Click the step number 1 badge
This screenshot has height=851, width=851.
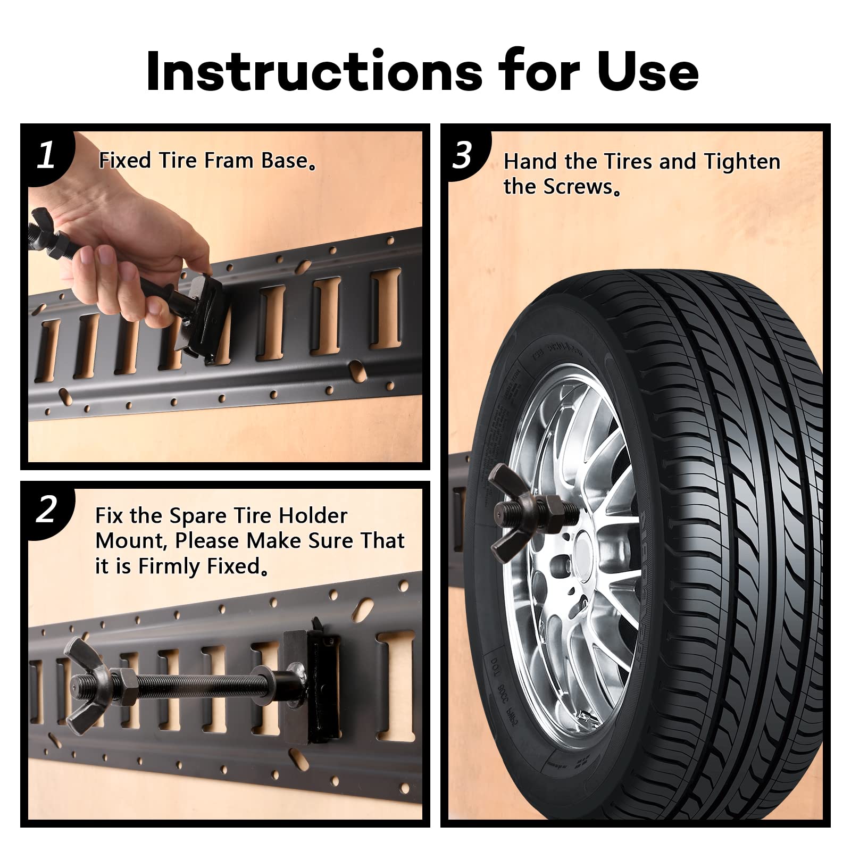[47, 155]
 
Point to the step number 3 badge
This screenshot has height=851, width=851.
[462, 155]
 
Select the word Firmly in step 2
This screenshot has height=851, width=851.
[170, 566]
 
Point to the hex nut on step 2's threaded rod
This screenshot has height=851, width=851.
[126, 686]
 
